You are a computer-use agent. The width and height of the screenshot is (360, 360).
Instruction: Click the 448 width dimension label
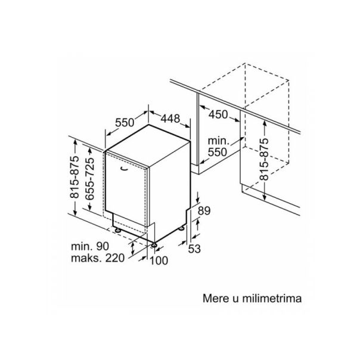[170, 119]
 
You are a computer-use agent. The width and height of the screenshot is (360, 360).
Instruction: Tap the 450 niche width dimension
[218, 114]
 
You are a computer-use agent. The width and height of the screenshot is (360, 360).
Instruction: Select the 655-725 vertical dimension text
[89, 179]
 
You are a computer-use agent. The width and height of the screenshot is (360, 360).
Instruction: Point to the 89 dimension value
[204, 211]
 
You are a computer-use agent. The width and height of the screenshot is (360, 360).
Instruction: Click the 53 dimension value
[194, 249]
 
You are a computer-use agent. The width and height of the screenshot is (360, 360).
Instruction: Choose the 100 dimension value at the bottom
[159, 260]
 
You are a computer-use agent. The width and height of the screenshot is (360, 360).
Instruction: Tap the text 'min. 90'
[90, 246]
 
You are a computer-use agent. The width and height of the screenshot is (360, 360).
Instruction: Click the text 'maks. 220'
[98, 258]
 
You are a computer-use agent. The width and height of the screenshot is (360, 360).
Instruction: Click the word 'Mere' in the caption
[216, 299]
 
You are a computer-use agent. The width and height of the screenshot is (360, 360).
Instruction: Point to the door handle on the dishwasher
[125, 169]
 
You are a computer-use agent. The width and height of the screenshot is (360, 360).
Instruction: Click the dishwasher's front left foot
[118, 230]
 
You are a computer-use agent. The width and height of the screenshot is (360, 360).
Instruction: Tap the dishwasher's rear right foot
[181, 228]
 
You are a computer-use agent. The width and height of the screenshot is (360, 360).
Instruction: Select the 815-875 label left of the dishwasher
[75, 177]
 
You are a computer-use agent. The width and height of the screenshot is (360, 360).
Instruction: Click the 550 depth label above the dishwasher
[125, 122]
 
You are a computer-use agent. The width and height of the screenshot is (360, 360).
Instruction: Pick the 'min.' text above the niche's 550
[218, 141]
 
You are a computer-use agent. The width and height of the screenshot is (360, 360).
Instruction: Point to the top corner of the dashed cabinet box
[245, 63]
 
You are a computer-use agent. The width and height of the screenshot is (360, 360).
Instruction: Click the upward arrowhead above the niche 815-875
[265, 123]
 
